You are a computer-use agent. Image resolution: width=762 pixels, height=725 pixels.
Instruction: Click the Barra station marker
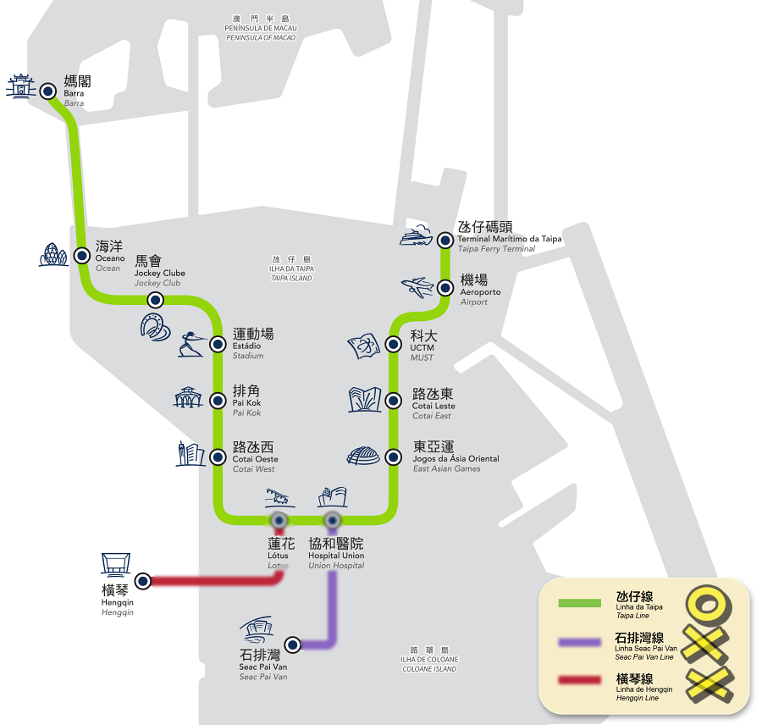48,90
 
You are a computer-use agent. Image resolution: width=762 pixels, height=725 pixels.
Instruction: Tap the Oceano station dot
82,255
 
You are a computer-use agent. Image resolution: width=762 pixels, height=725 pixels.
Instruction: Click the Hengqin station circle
143,580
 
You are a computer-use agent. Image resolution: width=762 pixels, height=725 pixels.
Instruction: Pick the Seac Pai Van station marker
292,645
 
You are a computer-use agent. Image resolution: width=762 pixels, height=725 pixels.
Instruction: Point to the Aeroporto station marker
444,288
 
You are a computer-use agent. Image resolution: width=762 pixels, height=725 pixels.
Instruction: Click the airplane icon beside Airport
418,288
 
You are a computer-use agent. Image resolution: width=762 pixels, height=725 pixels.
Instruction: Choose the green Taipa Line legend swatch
579,603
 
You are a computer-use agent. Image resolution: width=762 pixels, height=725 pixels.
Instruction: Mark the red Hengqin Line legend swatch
579,681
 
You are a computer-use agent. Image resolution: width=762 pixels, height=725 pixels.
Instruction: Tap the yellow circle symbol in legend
707,604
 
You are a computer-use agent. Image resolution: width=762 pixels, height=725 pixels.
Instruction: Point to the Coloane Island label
429,659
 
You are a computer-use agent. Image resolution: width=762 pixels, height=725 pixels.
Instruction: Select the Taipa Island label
292,268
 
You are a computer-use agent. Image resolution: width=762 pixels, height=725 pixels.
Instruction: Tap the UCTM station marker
393,344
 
